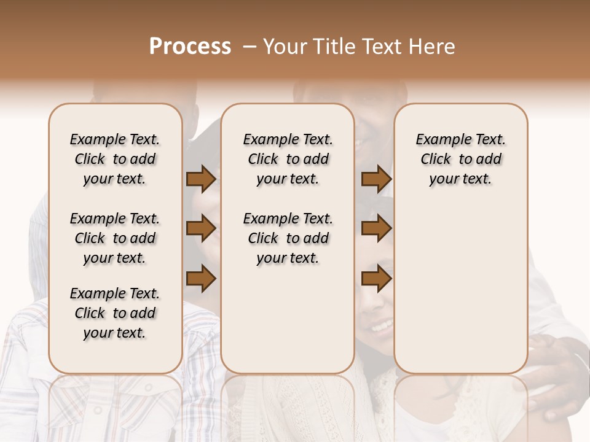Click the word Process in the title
[190, 47]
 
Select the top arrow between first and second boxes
[201, 179]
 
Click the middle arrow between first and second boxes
[201, 229]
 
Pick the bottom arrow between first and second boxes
[201, 279]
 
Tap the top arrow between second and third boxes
[376, 179]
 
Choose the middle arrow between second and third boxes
[376, 229]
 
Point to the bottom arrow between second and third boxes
[376, 279]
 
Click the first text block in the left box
[115, 159]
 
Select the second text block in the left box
[115, 238]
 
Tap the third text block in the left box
[115, 313]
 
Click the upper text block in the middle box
[288, 159]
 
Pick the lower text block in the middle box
[288, 238]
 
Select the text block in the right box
[460, 159]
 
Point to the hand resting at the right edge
[556, 374]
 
